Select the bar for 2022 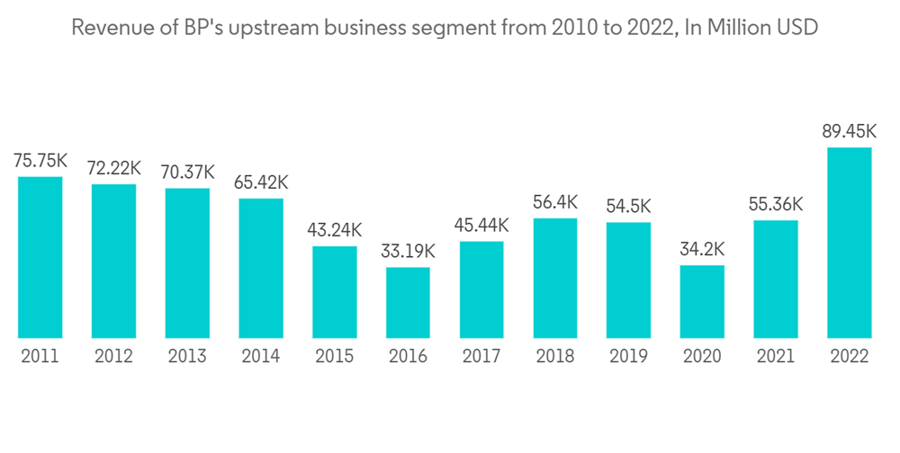click(x=850, y=243)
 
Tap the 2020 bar click(x=702, y=302)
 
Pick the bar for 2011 click(x=40, y=257)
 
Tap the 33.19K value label click(x=409, y=252)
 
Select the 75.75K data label click(x=40, y=161)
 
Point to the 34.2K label click(x=702, y=249)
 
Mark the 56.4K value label click(x=555, y=202)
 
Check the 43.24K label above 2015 click(x=335, y=230)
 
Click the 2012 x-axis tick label click(x=113, y=357)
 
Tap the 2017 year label click(x=481, y=357)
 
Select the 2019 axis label click(x=628, y=357)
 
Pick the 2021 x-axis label click(x=776, y=357)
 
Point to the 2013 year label click(x=187, y=357)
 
